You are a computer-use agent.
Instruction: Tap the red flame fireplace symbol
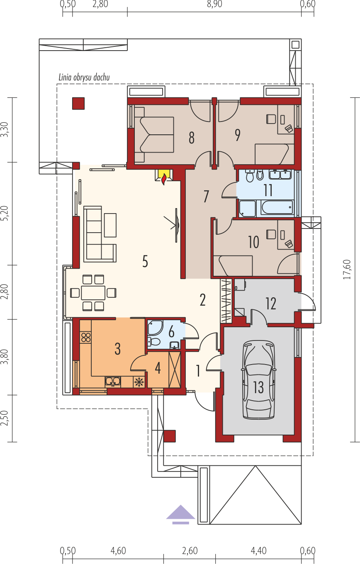click(x=164, y=179)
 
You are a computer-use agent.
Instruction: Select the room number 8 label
click(x=192, y=138)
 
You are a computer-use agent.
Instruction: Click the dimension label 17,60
click(x=348, y=270)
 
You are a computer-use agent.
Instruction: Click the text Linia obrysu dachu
click(x=84, y=77)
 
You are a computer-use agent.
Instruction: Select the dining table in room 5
click(x=93, y=293)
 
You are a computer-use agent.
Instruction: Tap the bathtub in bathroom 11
click(x=277, y=207)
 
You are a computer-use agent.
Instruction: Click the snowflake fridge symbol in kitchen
click(x=139, y=382)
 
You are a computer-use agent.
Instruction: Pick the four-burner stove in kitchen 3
click(x=86, y=337)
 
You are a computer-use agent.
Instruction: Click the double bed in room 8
click(x=154, y=135)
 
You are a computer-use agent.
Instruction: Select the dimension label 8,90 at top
click(x=214, y=4)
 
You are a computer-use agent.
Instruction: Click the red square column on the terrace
click(x=78, y=104)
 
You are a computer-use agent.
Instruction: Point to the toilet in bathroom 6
click(x=154, y=342)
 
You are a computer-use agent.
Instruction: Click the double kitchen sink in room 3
click(x=113, y=382)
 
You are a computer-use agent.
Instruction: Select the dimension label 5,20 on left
click(x=5, y=213)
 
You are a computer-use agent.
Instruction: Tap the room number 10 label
click(x=253, y=242)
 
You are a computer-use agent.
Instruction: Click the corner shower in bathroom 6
click(x=155, y=327)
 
